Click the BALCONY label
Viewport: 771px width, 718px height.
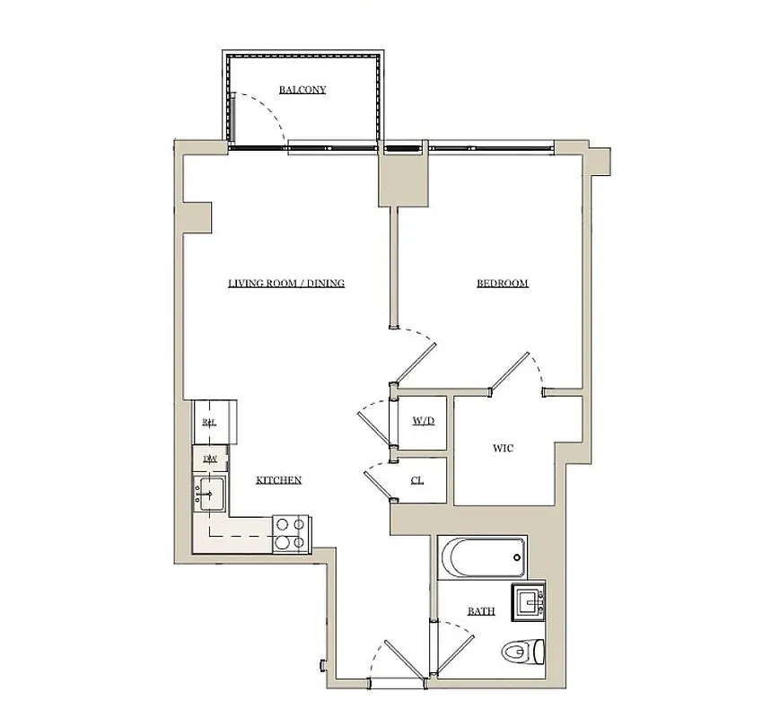302,90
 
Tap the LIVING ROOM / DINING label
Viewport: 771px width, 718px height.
285,284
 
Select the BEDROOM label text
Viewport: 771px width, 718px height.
502,284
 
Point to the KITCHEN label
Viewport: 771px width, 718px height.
278,481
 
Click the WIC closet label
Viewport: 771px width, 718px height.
504,448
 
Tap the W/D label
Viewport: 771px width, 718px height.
423,420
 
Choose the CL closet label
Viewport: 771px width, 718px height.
417,480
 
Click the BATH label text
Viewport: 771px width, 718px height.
481,611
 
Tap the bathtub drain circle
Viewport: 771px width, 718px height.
516,557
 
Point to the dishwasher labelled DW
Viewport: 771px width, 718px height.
210,460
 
